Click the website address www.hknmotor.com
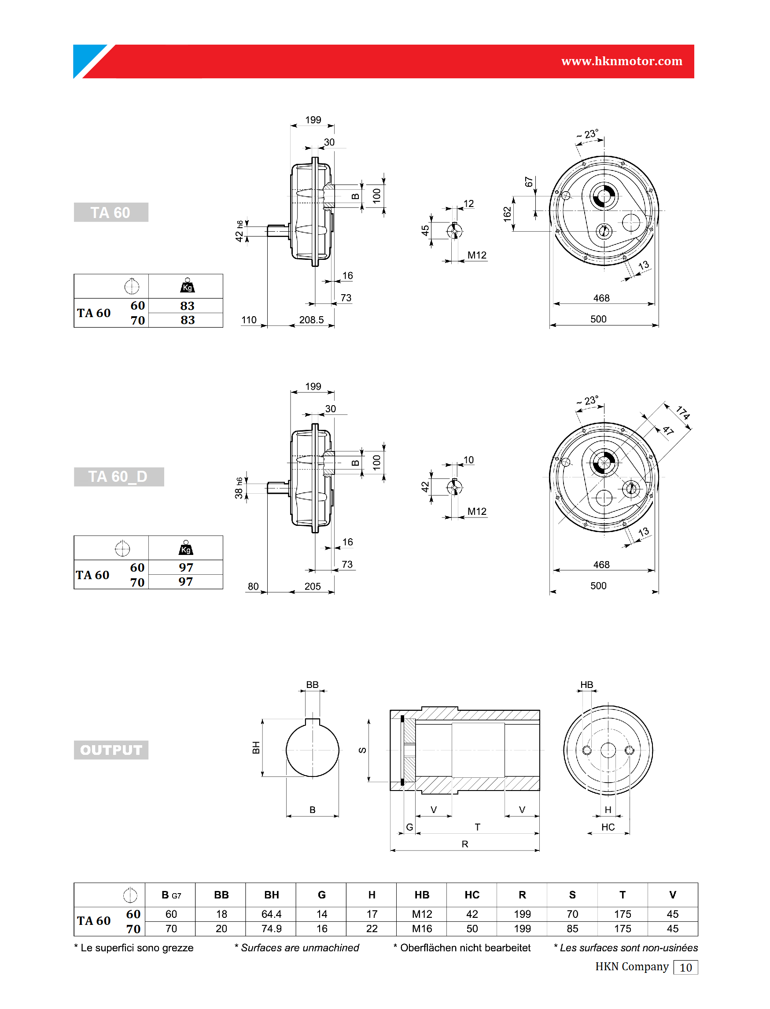[x=622, y=61]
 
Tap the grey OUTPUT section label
[x=111, y=750]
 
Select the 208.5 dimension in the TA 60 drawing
[x=311, y=320]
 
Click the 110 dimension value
[x=249, y=320]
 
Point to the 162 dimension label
[x=507, y=214]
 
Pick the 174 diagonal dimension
[x=683, y=413]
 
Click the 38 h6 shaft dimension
[x=239, y=488]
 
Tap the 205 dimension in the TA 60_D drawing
[x=313, y=586]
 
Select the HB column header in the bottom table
[x=422, y=894]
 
